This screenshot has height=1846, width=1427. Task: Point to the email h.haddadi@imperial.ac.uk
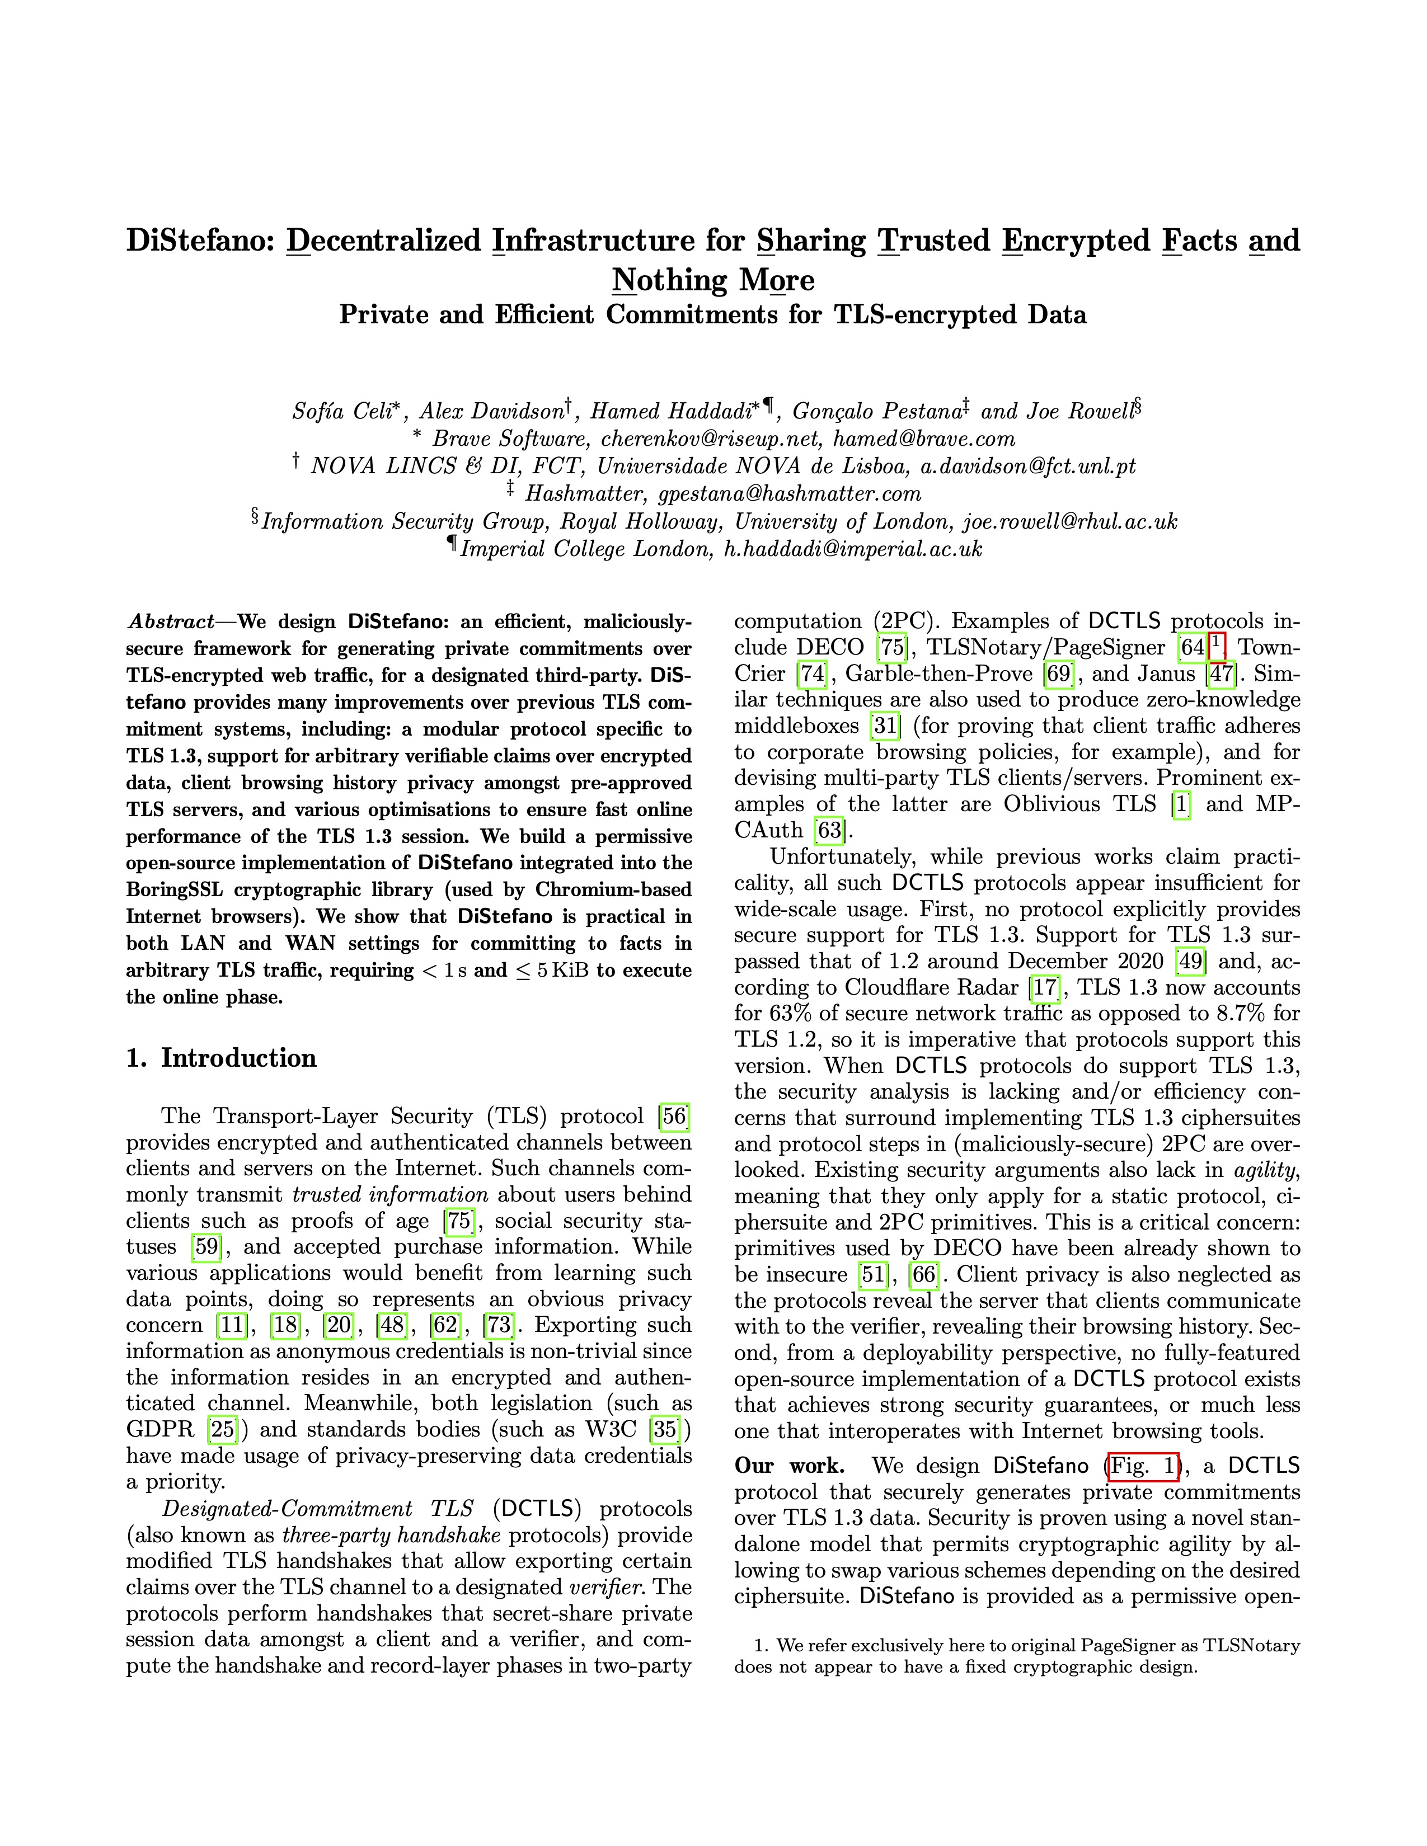tap(854, 549)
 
